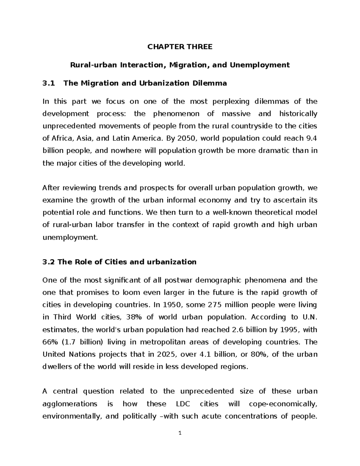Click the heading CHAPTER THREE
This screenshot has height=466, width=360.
point(180,47)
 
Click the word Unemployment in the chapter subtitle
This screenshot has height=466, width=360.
point(260,65)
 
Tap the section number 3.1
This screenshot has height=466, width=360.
point(49,83)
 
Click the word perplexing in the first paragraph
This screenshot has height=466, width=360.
point(231,101)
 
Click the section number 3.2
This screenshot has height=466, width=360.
point(49,262)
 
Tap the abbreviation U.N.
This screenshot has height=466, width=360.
point(309,317)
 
